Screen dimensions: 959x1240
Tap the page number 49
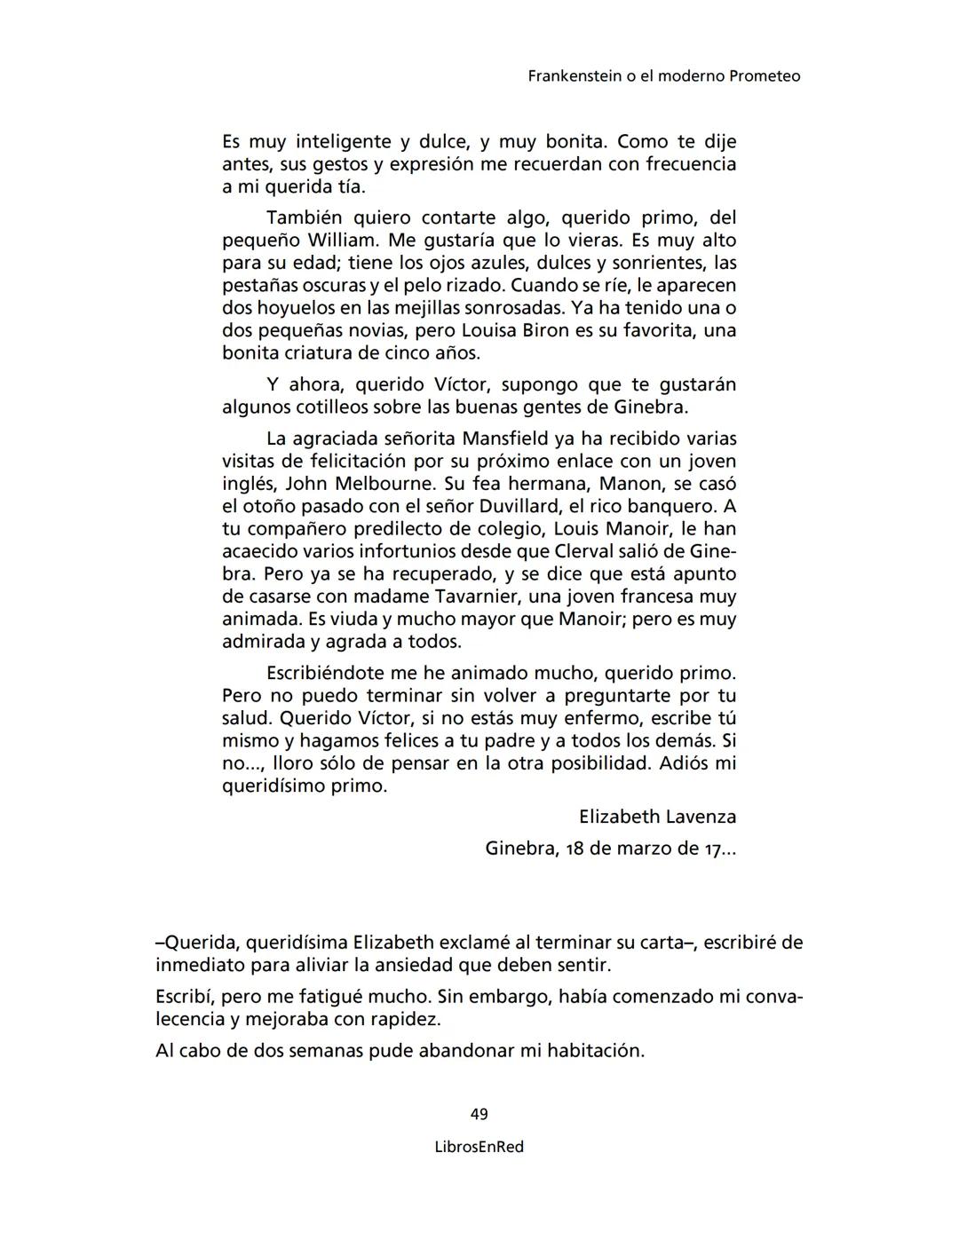tap(479, 1114)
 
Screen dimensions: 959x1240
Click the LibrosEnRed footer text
tap(479, 1147)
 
